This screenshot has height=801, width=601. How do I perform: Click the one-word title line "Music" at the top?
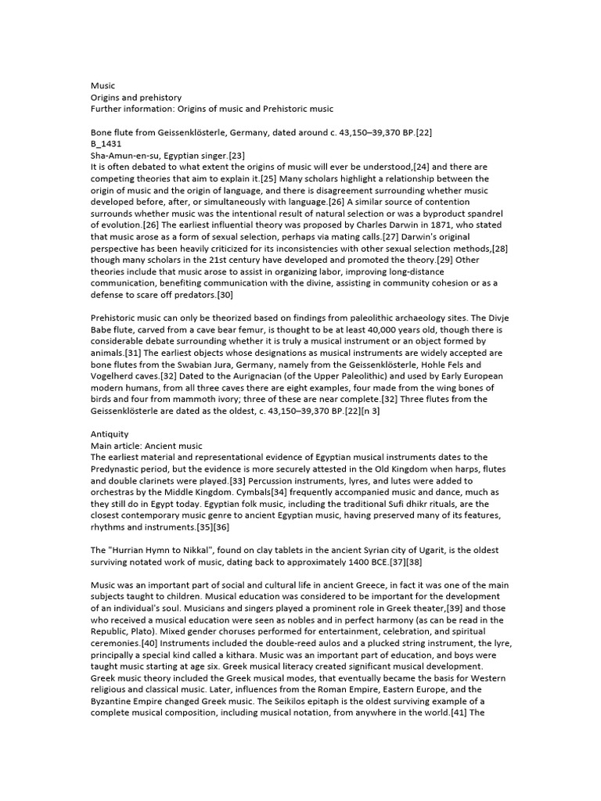(103, 85)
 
